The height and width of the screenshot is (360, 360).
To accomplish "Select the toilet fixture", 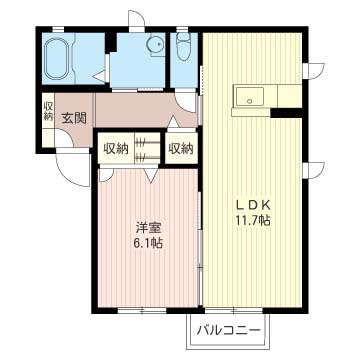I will point(183,47).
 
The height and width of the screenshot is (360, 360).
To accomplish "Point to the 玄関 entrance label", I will point(73,117).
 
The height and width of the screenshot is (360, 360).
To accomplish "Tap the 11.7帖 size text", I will point(253,220).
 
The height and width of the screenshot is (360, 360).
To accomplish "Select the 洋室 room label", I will point(147,226).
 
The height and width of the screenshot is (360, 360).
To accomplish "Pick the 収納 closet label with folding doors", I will point(117,149).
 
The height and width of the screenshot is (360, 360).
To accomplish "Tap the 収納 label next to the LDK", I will point(181,149).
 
